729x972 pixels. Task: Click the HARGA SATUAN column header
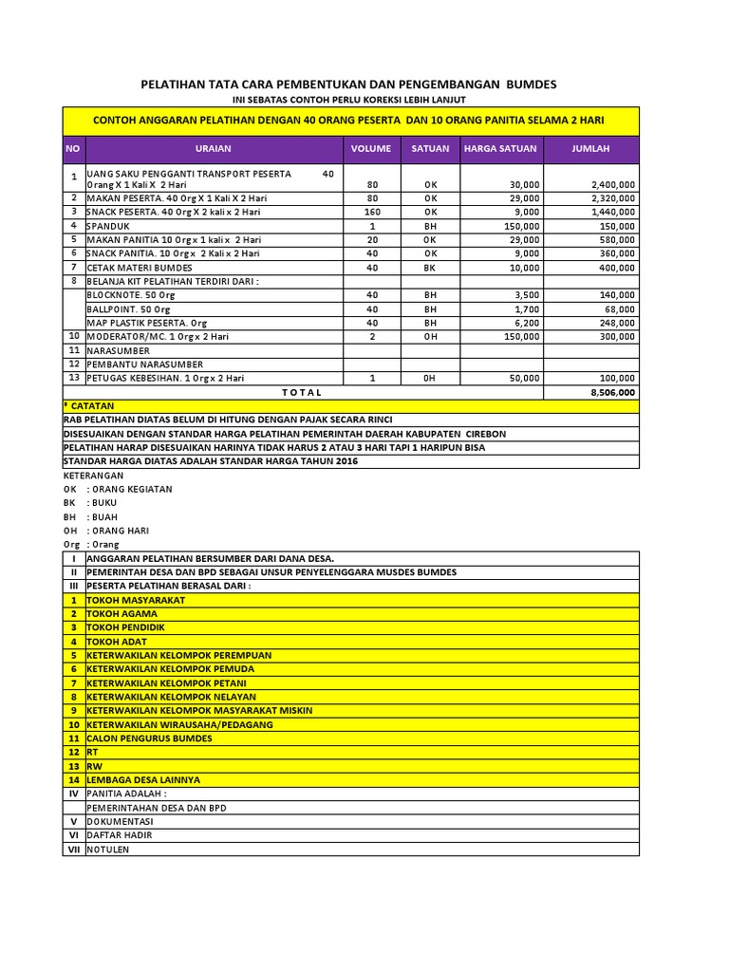coord(500,149)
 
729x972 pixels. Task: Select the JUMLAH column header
coord(590,149)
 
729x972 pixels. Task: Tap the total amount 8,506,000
coord(612,392)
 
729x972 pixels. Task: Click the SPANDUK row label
coord(106,226)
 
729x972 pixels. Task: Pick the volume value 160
coord(372,213)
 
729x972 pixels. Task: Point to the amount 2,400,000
coord(612,184)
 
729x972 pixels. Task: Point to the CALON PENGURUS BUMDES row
coord(149,738)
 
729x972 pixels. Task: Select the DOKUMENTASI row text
coord(120,821)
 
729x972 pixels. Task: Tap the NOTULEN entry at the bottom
coord(107,849)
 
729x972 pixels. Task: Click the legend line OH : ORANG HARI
coord(105,531)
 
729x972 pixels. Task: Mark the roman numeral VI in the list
coord(72,835)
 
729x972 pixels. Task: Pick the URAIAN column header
coord(213,149)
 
